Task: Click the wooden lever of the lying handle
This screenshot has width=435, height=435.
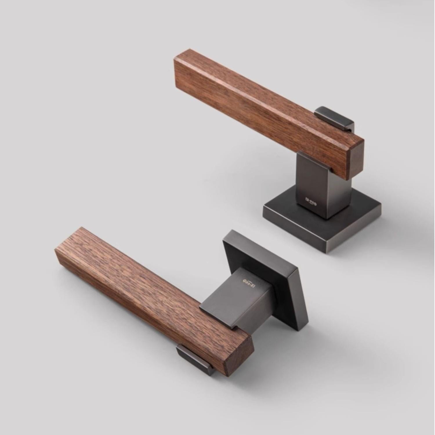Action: [139, 287]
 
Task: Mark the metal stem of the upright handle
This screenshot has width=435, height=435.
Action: [325, 186]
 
